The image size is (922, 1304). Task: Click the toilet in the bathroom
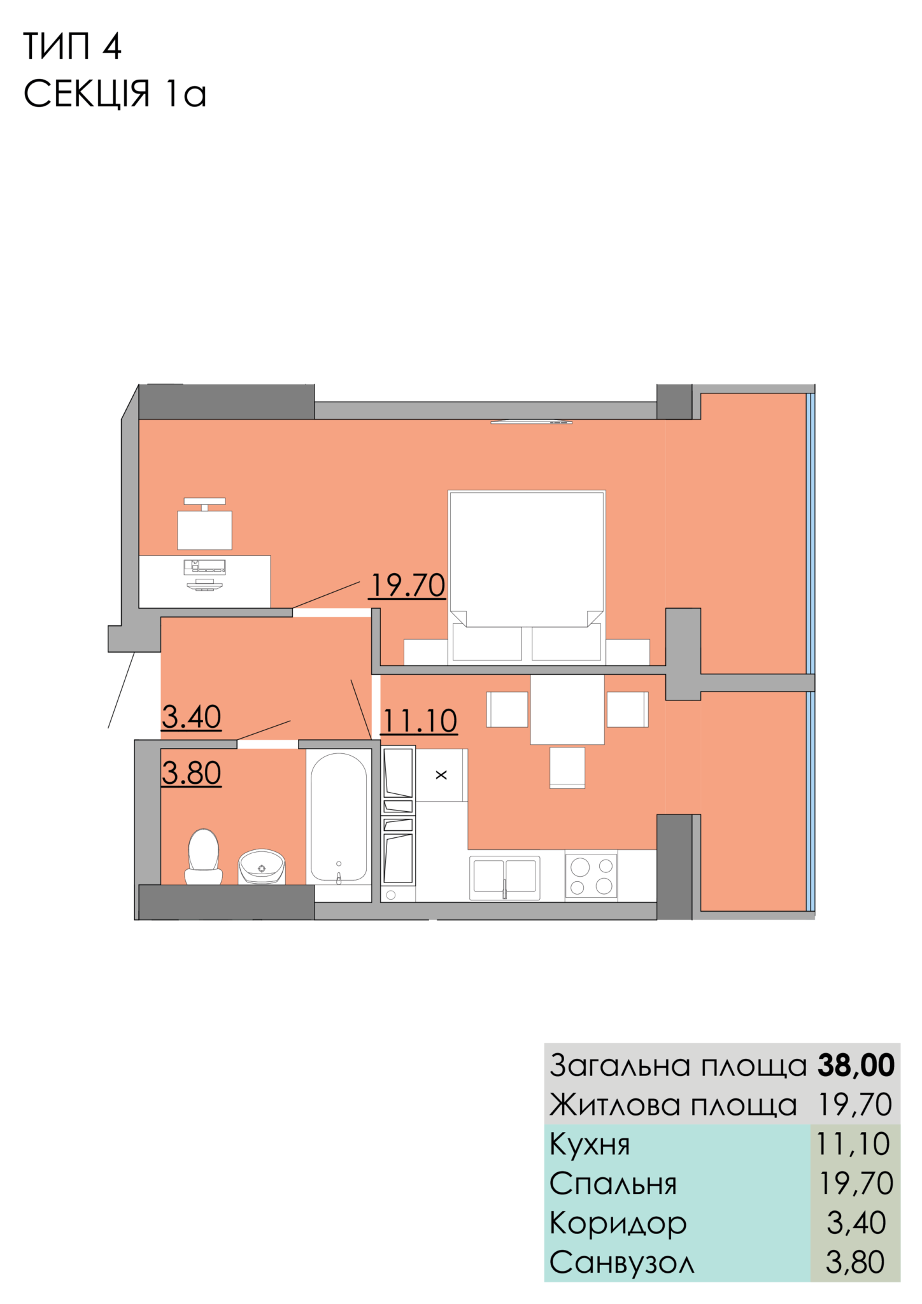[204, 856]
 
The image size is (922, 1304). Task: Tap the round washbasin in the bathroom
[261, 867]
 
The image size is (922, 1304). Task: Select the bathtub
[339, 817]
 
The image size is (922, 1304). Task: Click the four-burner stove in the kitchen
[591, 876]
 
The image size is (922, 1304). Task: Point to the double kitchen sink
[505, 877]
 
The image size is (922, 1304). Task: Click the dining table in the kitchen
[567, 709]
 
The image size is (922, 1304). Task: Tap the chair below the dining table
[567, 767]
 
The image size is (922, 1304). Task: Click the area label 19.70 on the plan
[408, 585]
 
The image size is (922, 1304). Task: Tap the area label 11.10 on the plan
[419, 721]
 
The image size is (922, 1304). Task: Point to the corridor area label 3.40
[191, 717]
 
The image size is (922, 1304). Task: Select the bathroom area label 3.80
[191, 773]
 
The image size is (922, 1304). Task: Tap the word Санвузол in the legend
[621, 1263]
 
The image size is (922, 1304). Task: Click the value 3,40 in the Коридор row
[856, 1223]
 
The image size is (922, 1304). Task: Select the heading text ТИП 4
[72, 46]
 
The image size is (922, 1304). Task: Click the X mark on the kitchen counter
[441, 775]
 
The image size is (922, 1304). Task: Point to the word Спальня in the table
[613, 1184]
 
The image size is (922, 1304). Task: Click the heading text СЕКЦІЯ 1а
[115, 93]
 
